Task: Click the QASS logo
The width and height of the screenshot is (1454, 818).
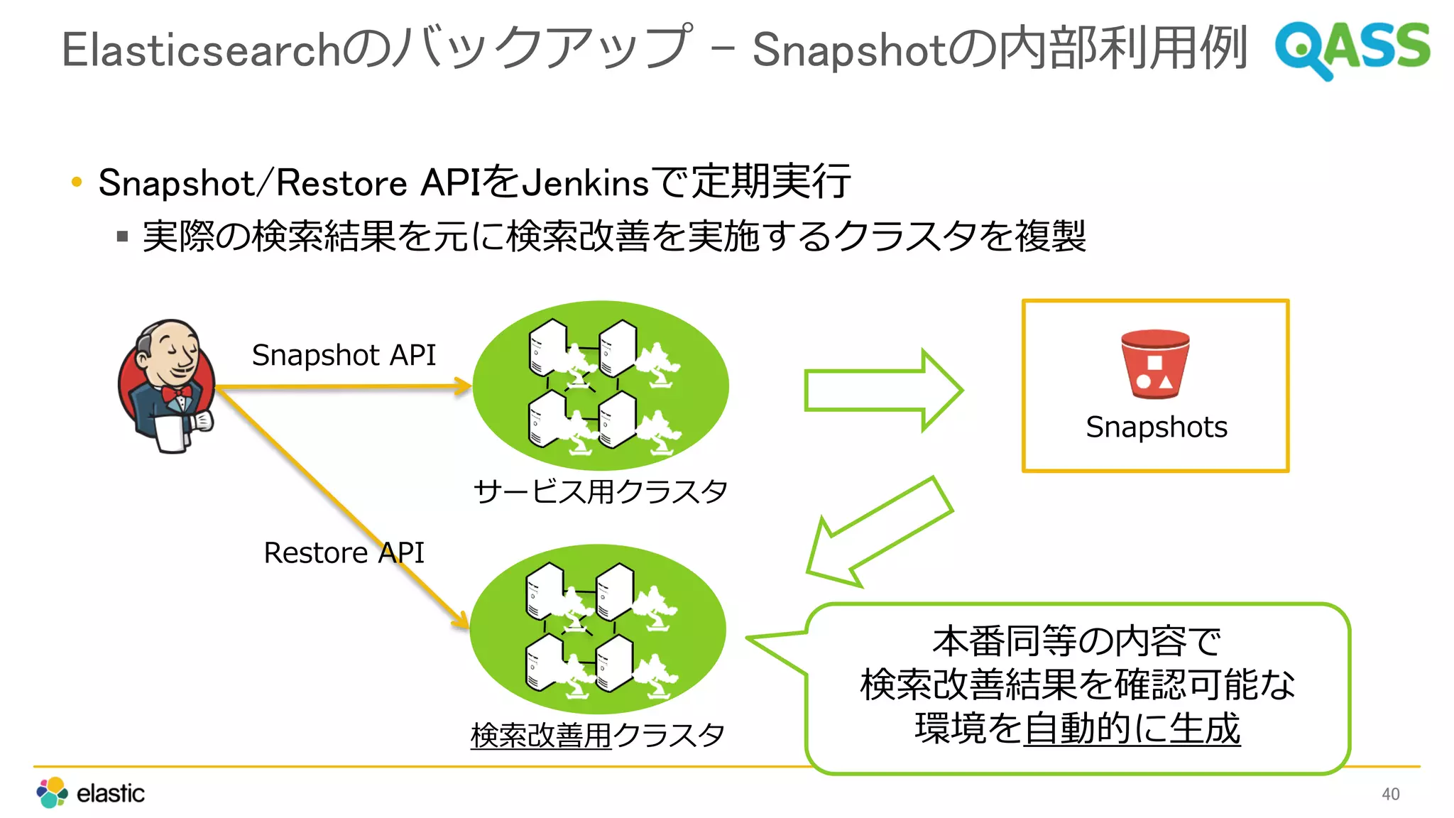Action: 1352,48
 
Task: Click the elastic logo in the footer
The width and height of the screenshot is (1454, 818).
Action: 91,792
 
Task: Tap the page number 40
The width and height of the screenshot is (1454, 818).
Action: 1390,794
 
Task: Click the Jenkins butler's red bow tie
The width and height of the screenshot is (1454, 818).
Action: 176,393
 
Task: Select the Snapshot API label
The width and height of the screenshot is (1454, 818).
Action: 344,355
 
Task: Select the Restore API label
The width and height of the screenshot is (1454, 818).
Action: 344,552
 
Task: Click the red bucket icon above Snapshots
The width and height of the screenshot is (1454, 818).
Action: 1155,364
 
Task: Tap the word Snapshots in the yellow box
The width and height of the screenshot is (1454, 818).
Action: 1156,427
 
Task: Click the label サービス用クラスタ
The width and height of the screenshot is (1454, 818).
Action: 600,491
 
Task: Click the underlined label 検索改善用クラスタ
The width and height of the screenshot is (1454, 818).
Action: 597,735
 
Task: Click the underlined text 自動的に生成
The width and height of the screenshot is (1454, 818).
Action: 1132,729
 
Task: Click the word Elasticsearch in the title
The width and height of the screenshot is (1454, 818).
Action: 201,50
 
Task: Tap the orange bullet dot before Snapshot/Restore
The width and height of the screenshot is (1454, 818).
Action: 77,182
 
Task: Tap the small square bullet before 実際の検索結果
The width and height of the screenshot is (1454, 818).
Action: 122,236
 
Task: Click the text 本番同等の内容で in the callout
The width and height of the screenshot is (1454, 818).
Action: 1076,641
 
